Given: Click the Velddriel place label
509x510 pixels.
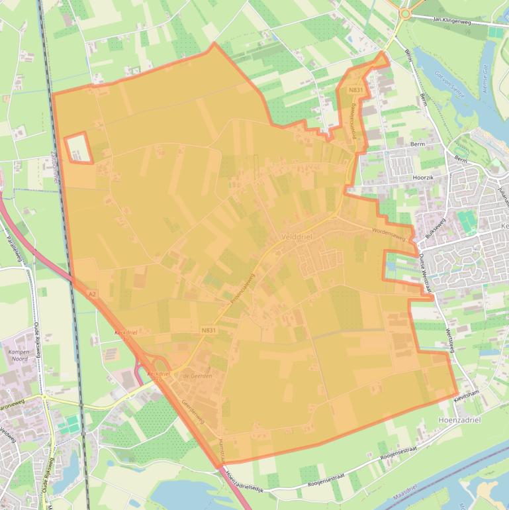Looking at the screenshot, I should [x=296, y=236].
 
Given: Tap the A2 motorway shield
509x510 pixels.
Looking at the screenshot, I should [x=91, y=293].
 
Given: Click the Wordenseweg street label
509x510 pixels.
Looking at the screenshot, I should [x=388, y=231].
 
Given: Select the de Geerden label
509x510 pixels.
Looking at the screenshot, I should [x=197, y=376].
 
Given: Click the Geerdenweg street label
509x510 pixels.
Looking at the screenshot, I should [x=193, y=411].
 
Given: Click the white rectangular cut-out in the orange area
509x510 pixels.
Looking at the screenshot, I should [x=77, y=148].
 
